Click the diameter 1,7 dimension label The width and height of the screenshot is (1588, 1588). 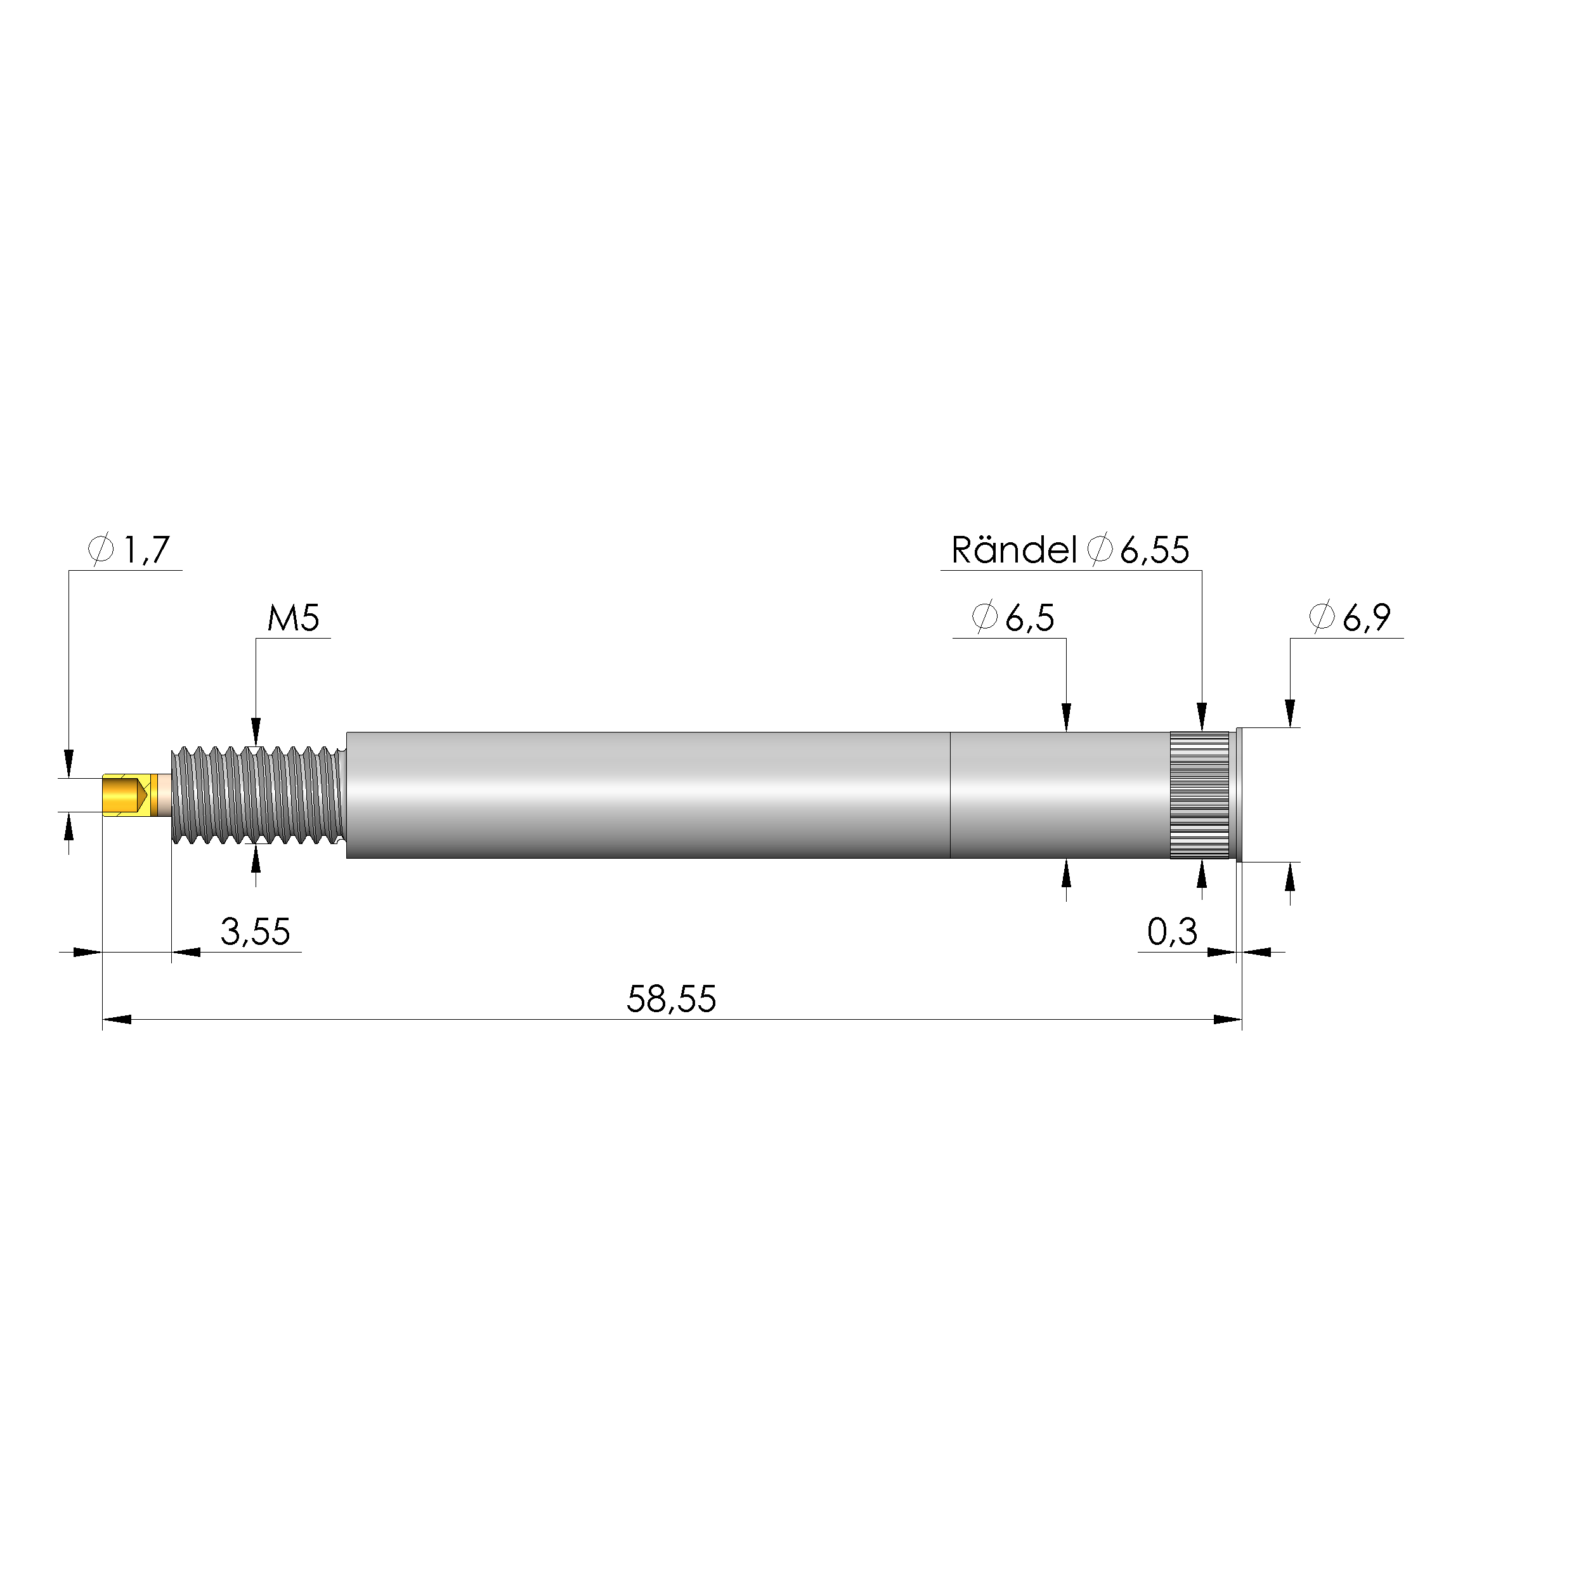tap(131, 549)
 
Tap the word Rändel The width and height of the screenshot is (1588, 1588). tap(1013, 550)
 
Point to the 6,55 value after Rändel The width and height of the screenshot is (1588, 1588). tap(1154, 550)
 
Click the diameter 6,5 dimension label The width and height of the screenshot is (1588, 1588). tap(1013, 617)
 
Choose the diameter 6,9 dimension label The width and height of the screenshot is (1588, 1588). tap(1350, 617)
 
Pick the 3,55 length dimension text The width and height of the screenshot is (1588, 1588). tap(255, 931)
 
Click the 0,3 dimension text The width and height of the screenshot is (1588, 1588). tap(1171, 931)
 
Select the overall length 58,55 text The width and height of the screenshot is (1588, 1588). tap(671, 999)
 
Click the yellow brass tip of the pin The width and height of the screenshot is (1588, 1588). tap(123, 795)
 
